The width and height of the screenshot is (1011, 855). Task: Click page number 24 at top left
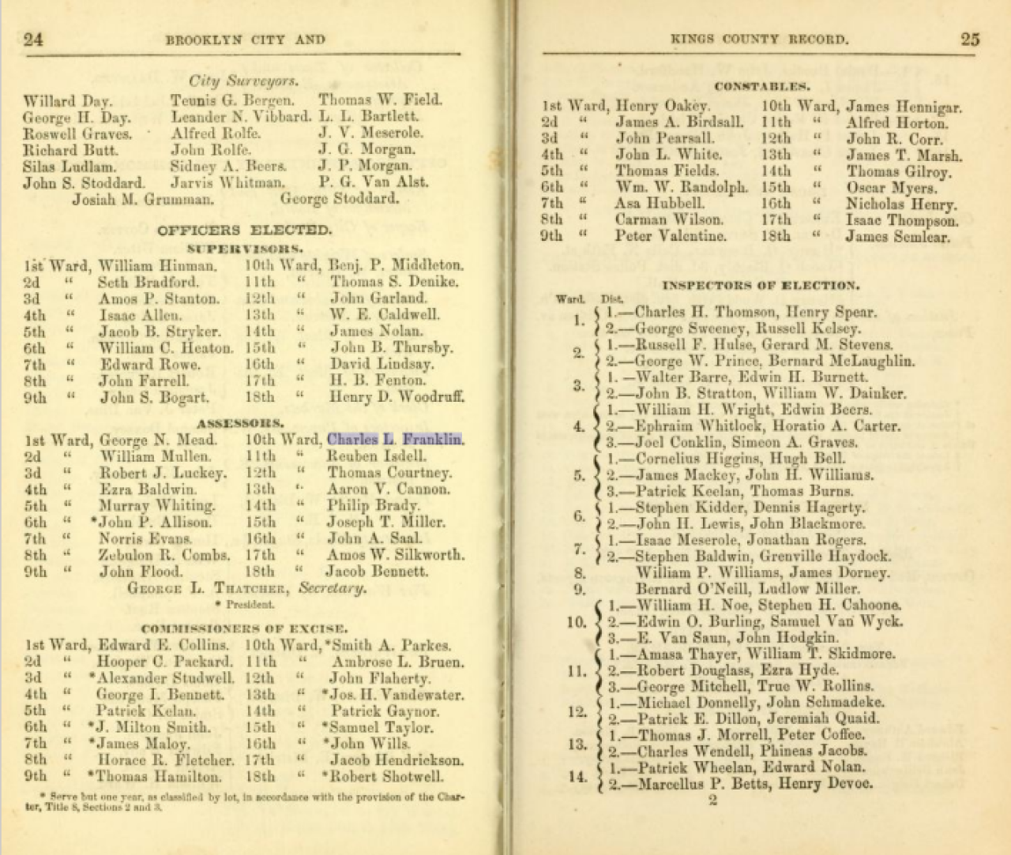coord(33,39)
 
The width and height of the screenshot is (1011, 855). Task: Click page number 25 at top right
coord(970,39)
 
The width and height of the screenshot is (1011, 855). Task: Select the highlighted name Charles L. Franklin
coord(395,440)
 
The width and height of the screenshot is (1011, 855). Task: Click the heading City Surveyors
coord(242,81)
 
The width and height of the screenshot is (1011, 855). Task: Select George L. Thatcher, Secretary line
coord(247,588)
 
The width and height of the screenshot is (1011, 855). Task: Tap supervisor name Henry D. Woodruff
coord(397,397)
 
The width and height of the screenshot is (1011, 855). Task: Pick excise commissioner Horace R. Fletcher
coord(165,760)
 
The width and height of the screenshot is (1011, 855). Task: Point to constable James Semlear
coord(898,237)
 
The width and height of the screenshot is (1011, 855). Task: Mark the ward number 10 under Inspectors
coord(576,622)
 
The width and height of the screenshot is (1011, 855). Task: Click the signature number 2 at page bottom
coord(712,801)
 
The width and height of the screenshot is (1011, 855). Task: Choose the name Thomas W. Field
coord(380,100)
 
